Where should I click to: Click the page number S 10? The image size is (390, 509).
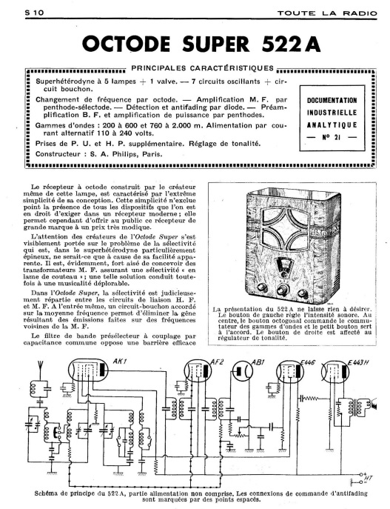(x=34, y=13)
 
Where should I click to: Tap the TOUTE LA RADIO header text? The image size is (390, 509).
(x=327, y=13)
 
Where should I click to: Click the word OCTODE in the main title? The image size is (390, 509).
(x=126, y=44)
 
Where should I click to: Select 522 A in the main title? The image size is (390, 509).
(x=291, y=44)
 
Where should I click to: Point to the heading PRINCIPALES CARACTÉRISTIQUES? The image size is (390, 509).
(x=203, y=68)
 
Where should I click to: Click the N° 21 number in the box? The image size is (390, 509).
(x=332, y=137)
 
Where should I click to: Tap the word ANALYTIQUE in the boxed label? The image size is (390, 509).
(x=332, y=125)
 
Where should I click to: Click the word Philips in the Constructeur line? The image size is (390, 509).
(x=124, y=154)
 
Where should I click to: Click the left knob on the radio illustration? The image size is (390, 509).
(x=262, y=288)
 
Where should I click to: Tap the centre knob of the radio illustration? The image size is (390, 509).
(x=283, y=290)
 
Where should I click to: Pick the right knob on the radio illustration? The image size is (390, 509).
(x=303, y=293)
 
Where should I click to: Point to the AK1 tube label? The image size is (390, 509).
(x=119, y=362)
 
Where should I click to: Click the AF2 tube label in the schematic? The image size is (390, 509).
(x=217, y=362)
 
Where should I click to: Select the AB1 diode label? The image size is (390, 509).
(x=258, y=362)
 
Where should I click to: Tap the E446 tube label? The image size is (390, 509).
(x=308, y=362)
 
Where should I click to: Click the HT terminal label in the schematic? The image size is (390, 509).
(x=369, y=478)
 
